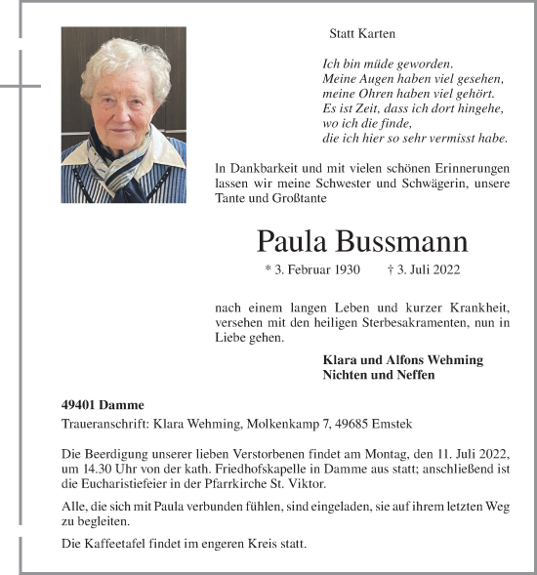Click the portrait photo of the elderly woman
coord(123,114)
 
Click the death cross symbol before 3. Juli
coord(391,269)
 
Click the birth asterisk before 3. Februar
coord(268,269)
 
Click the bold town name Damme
coord(126,404)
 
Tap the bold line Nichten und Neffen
coord(379,375)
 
